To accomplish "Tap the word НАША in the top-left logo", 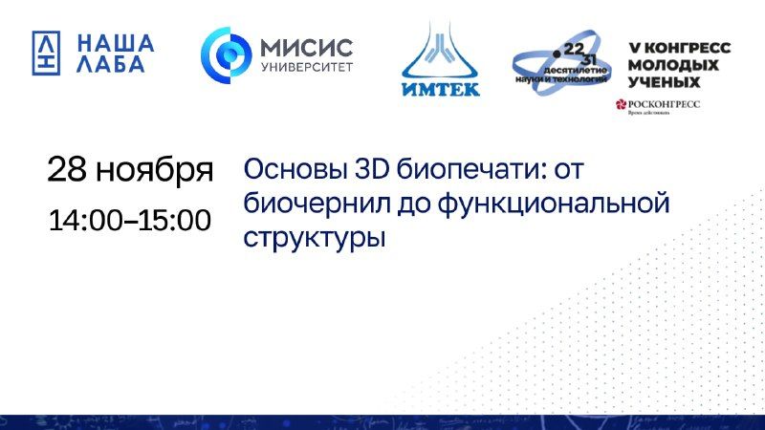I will [115, 42].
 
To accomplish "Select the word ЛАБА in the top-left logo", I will [110, 65].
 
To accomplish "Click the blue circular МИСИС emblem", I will [225, 54].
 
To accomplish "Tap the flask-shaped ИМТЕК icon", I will [439, 52].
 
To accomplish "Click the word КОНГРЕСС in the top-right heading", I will [684, 47].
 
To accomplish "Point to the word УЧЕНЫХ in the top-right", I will [660, 83].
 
